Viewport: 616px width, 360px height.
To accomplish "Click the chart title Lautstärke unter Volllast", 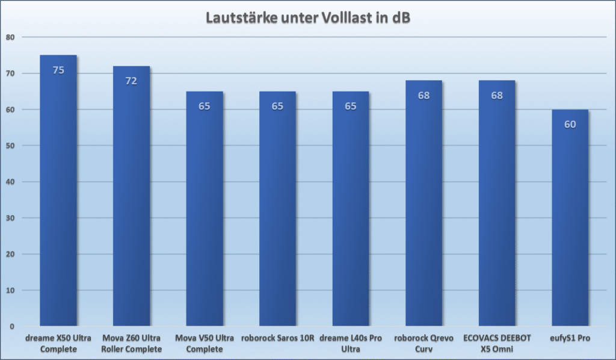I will click(308, 17).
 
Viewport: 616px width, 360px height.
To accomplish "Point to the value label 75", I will click(58, 70).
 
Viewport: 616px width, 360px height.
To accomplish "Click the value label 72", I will click(131, 81).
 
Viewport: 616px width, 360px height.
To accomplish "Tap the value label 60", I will click(570, 125).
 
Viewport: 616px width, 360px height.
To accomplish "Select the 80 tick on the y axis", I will click(10, 37).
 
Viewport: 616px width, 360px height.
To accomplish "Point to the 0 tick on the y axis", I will click(12, 326).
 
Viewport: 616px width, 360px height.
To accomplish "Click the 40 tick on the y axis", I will click(10, 182).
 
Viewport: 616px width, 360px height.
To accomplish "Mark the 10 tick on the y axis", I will click(10, 290).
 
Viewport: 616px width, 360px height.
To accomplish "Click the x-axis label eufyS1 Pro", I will click(570, 338).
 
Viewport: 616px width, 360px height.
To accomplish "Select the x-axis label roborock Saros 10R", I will click(277, 338).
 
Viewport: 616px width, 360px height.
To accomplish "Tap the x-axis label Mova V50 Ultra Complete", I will click(205, 343).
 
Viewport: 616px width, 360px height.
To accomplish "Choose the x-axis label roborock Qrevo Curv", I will click(423, 343).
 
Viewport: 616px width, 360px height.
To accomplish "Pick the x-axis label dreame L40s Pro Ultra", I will click(351, 343).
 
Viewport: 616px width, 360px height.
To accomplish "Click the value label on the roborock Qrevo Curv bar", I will click(423, 96).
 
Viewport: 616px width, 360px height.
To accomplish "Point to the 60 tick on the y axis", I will click(10, 110).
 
